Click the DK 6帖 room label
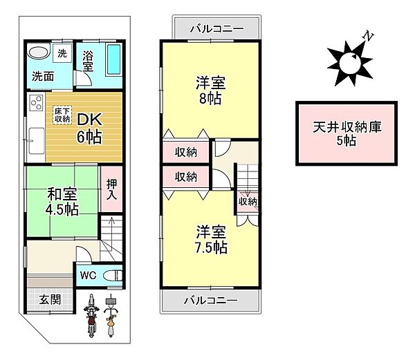(x=89, y=127)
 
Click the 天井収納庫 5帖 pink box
(x=348, y=134)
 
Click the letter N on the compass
(x=370, y=35)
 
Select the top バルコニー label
(x=212, y=30)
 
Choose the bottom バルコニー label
(x=211, y=301)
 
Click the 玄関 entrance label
(x=48, y=299)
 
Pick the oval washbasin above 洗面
(x=37, y=53)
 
